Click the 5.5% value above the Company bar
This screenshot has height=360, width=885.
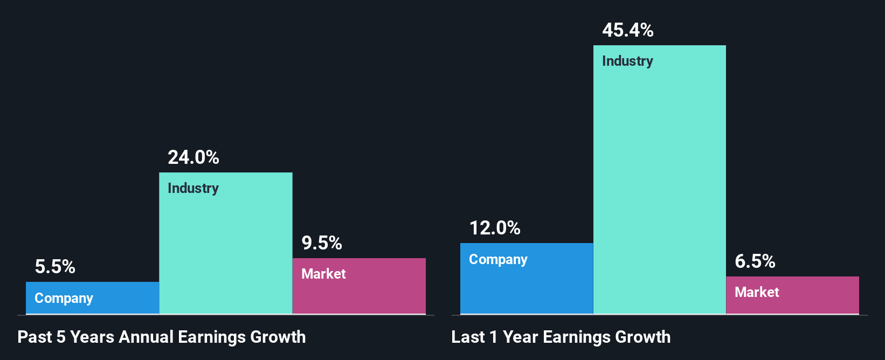55,267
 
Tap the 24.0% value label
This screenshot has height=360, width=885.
193,157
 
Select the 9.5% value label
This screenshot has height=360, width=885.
322,243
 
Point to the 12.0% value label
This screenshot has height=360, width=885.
495,228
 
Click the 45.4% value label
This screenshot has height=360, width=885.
628,30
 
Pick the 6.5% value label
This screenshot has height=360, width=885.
755,261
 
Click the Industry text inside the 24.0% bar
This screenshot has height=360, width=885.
193,188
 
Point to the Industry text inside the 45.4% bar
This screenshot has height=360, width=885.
627,61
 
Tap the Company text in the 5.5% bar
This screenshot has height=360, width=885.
64,298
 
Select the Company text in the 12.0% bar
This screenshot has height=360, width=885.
498,259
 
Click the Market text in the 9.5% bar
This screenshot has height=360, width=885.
323,274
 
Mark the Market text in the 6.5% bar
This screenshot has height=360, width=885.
757,292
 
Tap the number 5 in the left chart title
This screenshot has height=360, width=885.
61,337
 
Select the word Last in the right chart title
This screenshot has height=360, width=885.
468,337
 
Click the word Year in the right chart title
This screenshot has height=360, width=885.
520,337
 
